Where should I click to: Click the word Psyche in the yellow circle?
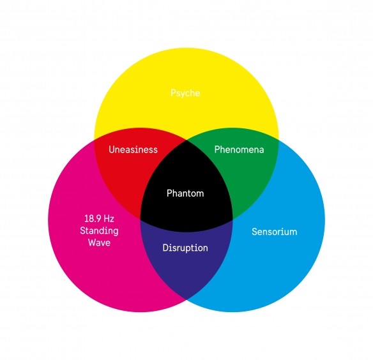pyautogui.click(x=185, y=93)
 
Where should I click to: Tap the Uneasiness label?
pyautogui.click(x=133, y=149)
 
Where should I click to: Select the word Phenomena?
pyautogui.click(x=239, y=149)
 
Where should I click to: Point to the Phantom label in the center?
pyautogui.click(x=185, y=193)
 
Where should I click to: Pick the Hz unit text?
pyautogui.click(x=109, y=219)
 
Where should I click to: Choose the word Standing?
pyautogui.click(x=99, y=231)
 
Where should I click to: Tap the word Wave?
pyautogui.click(x=99, y=243)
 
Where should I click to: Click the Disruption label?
pyautogui.click(x=185, y=248)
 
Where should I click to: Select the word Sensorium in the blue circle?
pyautogui.click(x=275, y=232)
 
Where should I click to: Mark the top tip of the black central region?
pyautogui.click(x=187, y=140)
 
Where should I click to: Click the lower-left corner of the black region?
pyautogui.click(x=141, y=219)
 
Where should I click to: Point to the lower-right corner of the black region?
pyautogui.click(x=232, y=219)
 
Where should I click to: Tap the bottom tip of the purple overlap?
pyautogui.click(x=187, y=299)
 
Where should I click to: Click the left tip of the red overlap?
pyautogui.click(x=95, y=140)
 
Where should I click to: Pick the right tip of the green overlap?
pyautogui.click(x=278, y=140)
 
